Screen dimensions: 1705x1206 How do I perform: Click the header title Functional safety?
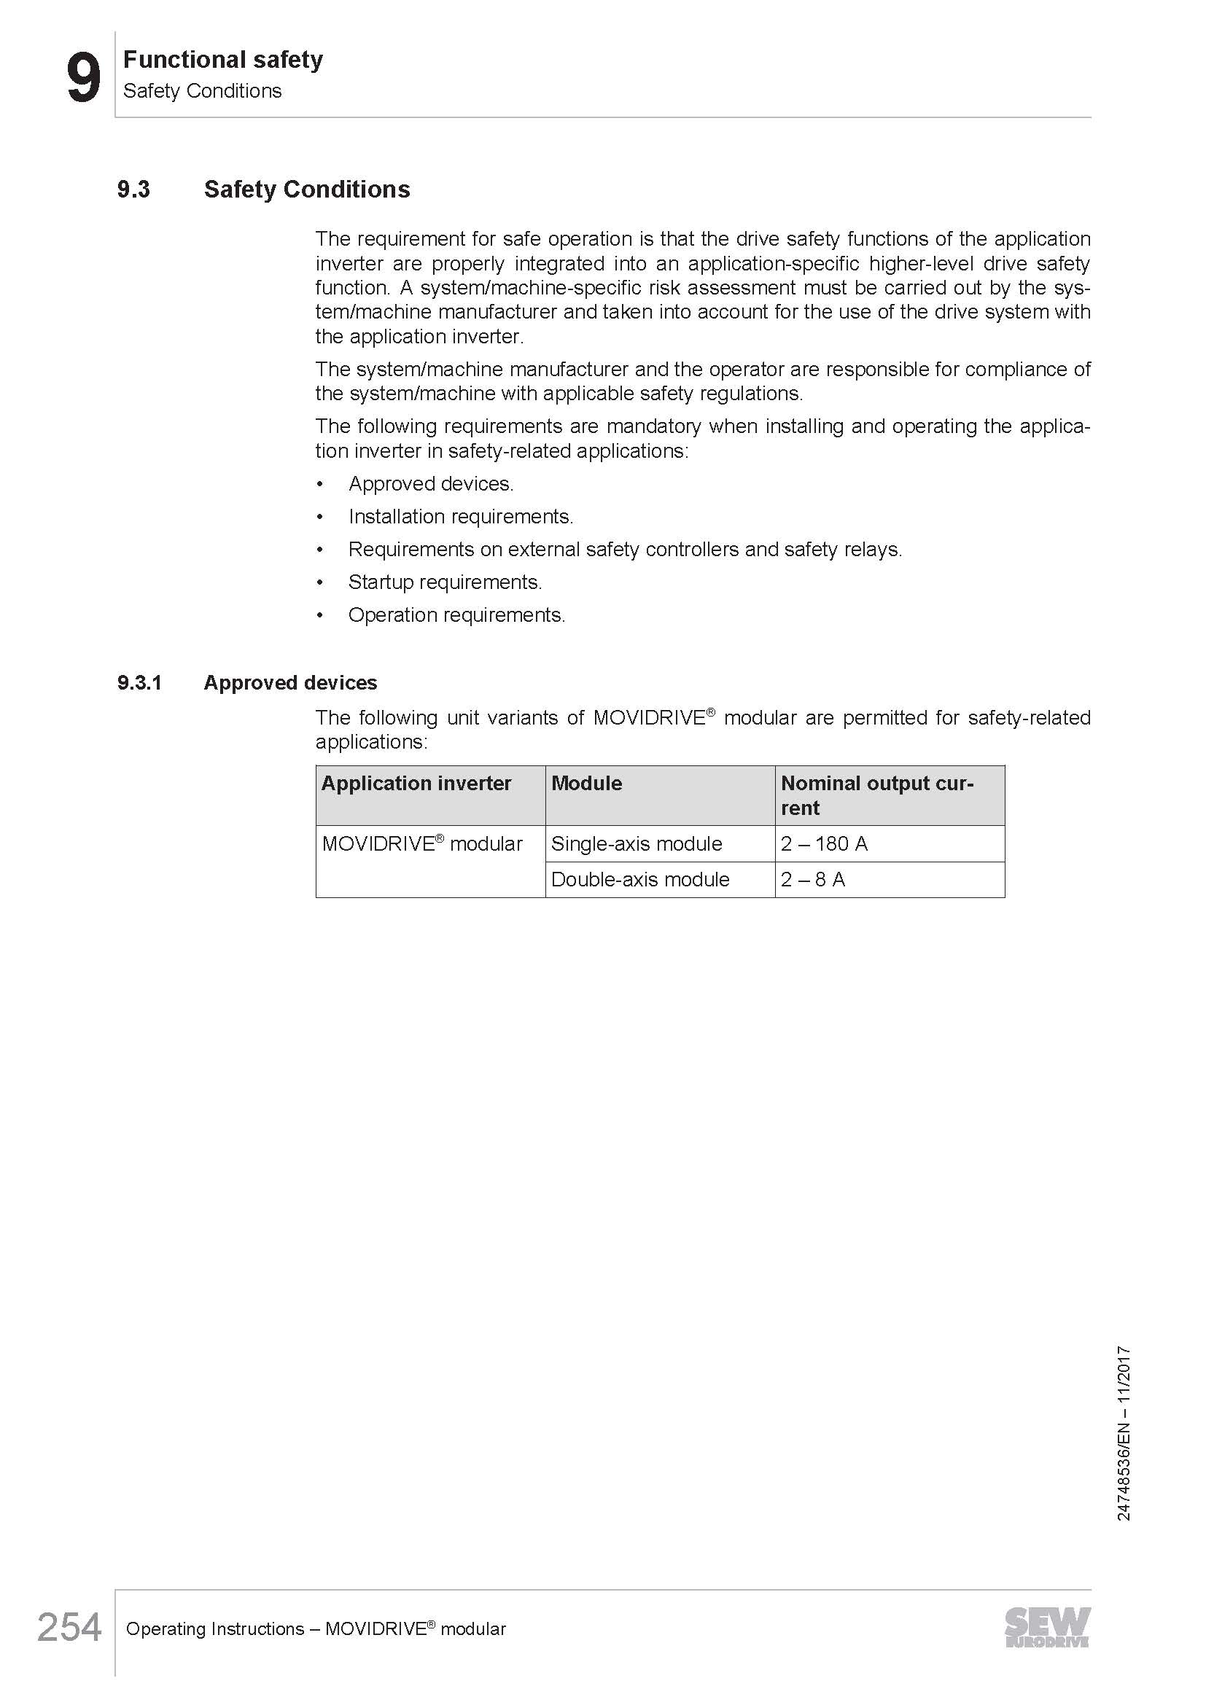coord(223,59)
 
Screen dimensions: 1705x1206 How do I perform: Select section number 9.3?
coord(133,190)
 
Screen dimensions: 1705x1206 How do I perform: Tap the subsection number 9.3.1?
coord(139,682)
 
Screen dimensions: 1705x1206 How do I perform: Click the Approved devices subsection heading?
coord(290,682)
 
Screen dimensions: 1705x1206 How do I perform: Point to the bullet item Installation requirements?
coord(460,516)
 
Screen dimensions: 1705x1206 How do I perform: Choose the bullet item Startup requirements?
coord(445,582)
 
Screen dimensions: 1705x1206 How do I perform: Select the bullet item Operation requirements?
coord(456,615)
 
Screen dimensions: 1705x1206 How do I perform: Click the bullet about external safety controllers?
coord(625,550)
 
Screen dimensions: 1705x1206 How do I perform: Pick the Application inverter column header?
coord(416,784)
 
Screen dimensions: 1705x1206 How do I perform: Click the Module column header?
coord(587,784)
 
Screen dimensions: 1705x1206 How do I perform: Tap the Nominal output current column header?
coord(876,795)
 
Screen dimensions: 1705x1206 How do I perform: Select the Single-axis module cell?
coord(637,843)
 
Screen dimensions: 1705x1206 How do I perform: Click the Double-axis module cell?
coord(640,879)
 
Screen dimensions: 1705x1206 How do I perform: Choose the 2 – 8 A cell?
coord(812,879)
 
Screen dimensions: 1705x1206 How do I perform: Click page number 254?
coord(69,1628)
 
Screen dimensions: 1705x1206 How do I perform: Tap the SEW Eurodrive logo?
coord(1047,1628)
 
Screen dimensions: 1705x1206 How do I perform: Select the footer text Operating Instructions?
coord(214,1628)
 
